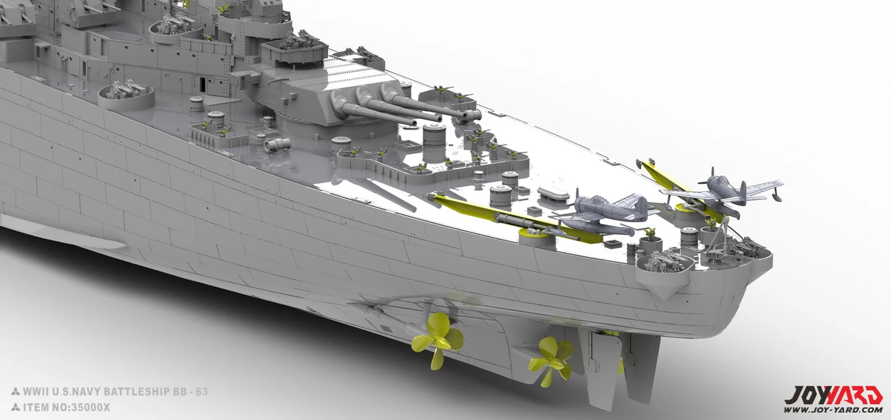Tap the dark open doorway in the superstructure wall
click(203, 85)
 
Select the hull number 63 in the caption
click(202, 391)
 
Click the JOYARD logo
click(833, 395)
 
